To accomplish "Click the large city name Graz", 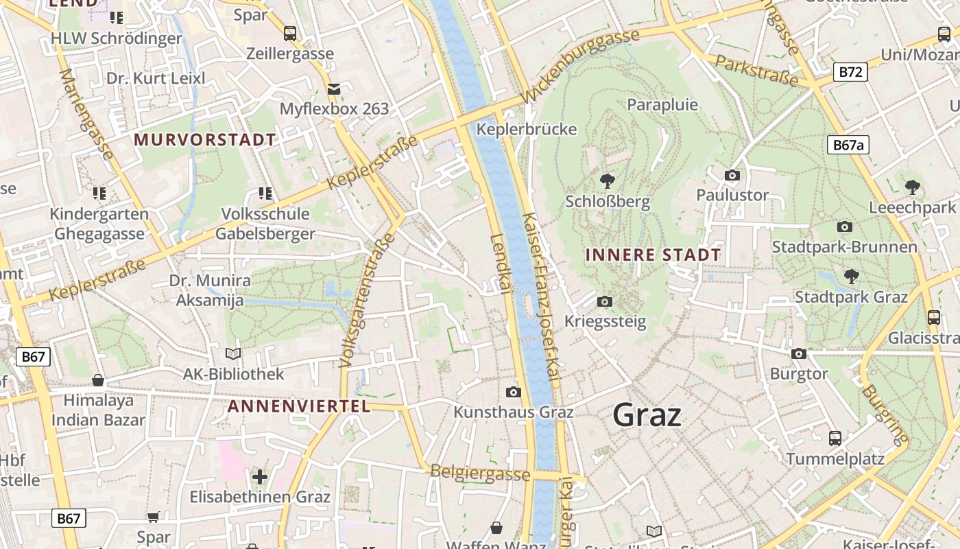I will click(647, 415).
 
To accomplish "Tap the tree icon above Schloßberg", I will click(607, 181).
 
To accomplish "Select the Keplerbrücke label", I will click(527, 129).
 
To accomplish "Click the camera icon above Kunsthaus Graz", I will click(513, 392).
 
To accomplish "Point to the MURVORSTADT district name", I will click(204, 140).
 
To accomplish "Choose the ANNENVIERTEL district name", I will click(298, 406).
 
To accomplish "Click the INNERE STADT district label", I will click(653, 255).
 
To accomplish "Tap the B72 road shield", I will click(850, 71).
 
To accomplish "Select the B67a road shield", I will click(848, 145).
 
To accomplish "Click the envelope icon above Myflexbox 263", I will click(334, 89).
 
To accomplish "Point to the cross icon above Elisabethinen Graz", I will click(260, 476).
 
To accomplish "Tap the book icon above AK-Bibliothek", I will click(233, 353).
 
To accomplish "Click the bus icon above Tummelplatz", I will click(835, 438).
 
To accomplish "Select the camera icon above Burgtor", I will click(799, 353).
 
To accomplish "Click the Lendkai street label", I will click(500, 264).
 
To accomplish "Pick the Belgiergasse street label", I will click(480, 473).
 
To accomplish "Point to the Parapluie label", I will click(662, 104).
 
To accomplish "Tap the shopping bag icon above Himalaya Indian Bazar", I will click(98, 379).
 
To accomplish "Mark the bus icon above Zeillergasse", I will click(290, 33).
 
